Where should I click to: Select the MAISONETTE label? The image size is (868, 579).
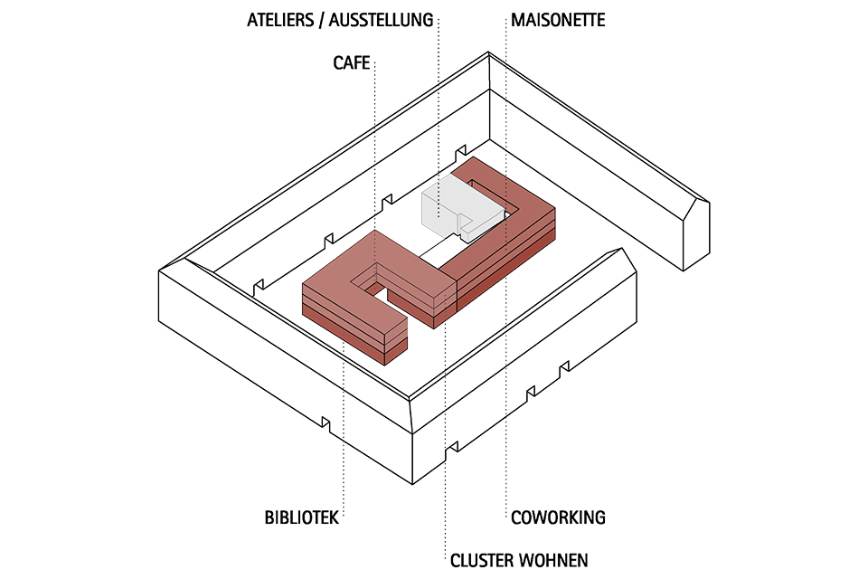click(558, 19)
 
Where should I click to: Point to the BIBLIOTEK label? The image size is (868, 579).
click(301, 518)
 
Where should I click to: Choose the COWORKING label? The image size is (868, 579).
click(558, 518)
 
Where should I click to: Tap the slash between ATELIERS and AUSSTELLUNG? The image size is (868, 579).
click(322, 19)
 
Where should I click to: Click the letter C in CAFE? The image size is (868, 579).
click(337, 63)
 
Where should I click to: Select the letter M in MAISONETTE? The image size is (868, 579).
click(517, 19)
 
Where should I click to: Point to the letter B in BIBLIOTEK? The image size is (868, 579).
click(269, 518)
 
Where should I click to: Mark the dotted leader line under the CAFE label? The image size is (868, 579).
click(374, 145)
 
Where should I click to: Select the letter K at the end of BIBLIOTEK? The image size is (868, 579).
click(334, 518)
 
